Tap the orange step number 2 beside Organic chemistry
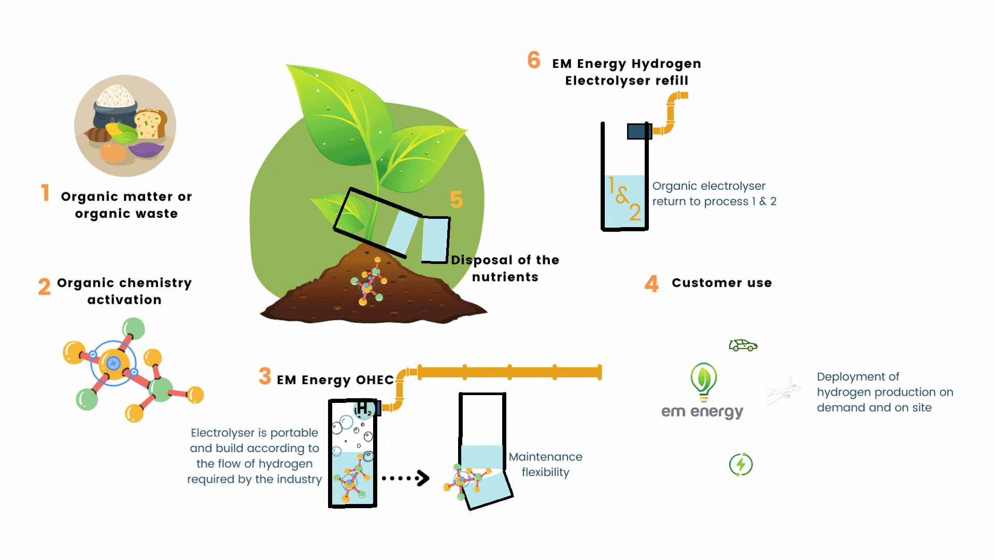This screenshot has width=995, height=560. pyautogui.click(x=45, y=286)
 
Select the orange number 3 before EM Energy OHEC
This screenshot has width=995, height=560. pyautogui.click(x=265, y=376)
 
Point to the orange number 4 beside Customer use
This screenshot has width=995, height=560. pyautogui.click(x=651, y=284)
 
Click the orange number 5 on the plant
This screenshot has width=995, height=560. pyautogui.click(x=456, y=200)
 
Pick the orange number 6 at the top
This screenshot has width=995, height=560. pyautogui.click(x=534, y=60)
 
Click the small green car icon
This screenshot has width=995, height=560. pyautogui.click(x=743, y=345)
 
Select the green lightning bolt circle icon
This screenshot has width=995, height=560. pyautogui.click(x=741, y=465)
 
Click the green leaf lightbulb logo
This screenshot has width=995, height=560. pyautogui.click(x=704, y=381)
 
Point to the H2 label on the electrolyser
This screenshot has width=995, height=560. pyautogui.click(x=364, y=408)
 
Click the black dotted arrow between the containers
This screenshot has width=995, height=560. pyautogui.click(x=406, y=478)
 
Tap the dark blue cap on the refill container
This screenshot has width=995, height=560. pyautogui.click(x=639, y=131)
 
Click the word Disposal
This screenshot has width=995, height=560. pyautogui.click(x=482, y=260)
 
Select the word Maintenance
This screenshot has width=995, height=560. pyautogui.click(x=545, y=457)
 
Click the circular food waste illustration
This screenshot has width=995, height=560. pyautogui.click(x=125, y=126)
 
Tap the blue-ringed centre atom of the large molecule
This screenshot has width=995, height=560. pyautogui.click(x=113, y=363)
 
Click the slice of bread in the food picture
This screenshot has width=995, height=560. pyautogui.click(x=150, y=124)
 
